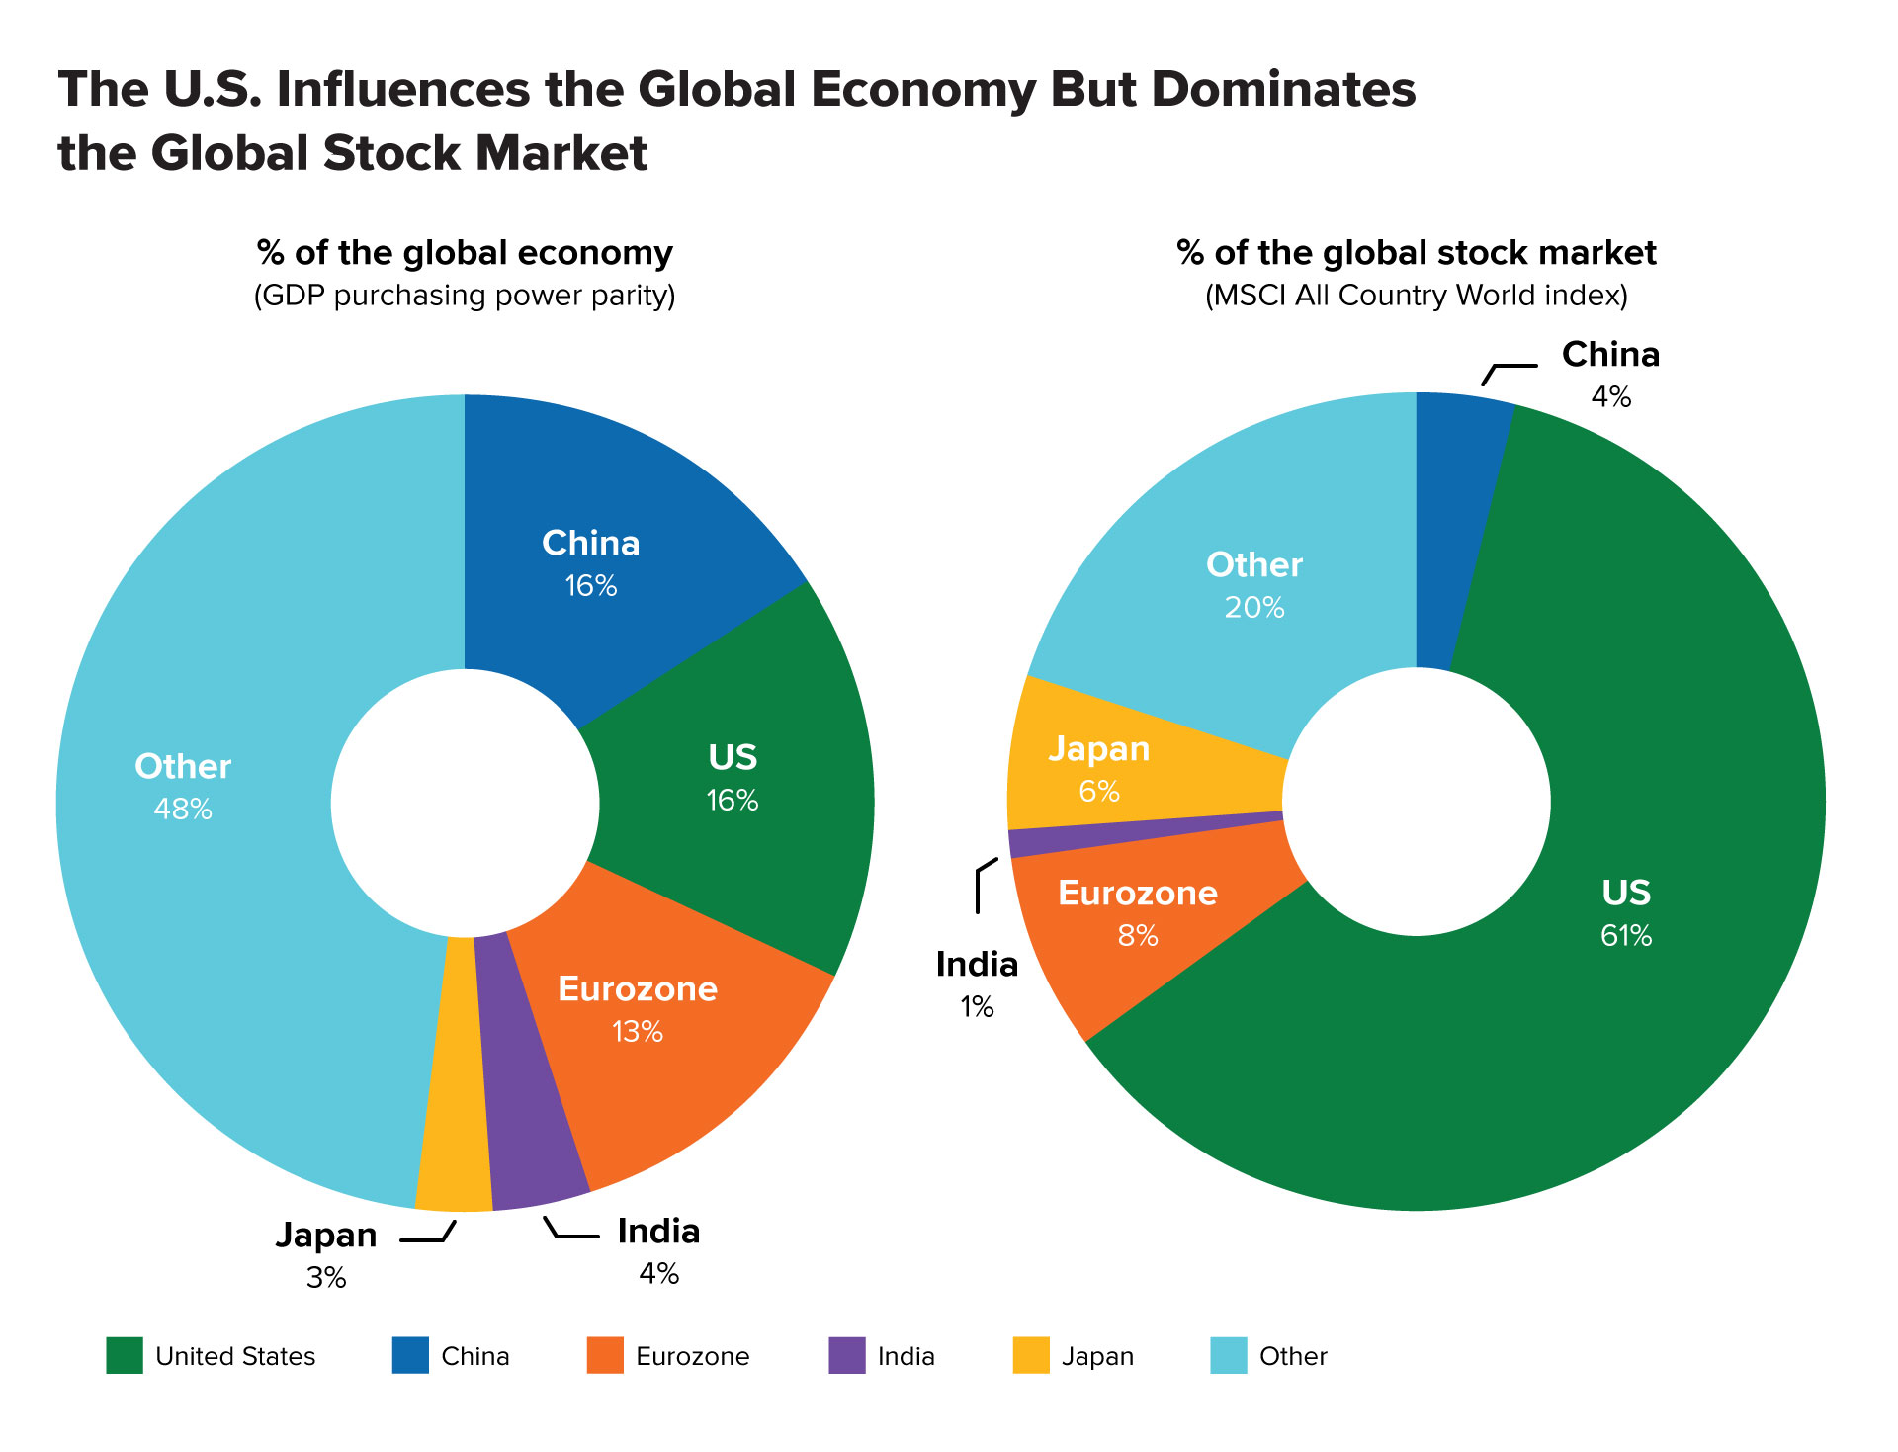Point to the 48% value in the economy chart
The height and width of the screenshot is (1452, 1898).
click(183, 810)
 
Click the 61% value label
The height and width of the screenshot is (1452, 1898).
click(1626, 936)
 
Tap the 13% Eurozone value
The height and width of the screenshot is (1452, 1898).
click(638, 1032)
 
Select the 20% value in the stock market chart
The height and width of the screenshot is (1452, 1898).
click(1254, 608)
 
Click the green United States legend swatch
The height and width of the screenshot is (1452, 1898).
click(125, 1355)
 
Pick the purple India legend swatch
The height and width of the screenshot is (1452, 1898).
click(847, 1355)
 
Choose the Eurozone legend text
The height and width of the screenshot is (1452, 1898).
click(692, 1356)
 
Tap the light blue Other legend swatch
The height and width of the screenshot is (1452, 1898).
click(1229, 1355)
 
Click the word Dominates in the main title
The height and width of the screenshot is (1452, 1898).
click(1283, 89)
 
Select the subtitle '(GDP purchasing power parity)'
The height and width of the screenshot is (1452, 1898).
click(465, 296)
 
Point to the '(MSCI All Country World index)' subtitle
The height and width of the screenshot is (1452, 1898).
click(1416, 296)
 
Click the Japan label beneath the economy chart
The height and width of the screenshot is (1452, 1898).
click(326, 1236)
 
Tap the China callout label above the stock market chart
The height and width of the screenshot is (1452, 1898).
click(1610, 354)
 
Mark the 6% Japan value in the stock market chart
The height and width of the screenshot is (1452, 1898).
click(1099, 792)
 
